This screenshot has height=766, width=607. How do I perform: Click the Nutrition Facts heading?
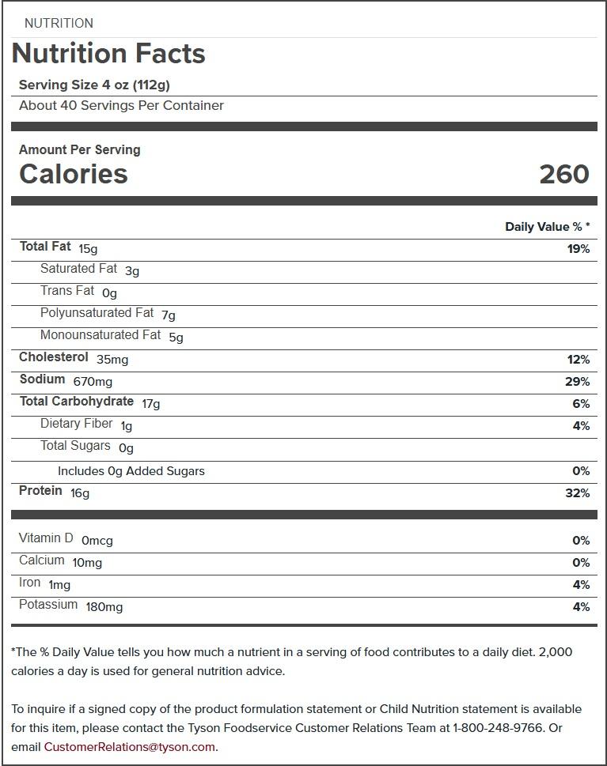click(x=108, y=54)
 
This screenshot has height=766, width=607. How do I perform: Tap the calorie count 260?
click(x=563, y=174)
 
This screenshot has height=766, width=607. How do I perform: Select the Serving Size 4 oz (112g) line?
click(x=94, y=85)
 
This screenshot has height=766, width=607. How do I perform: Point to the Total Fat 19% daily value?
click(x=578, y=249)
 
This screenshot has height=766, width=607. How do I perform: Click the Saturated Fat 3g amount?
click(x=132, y=271)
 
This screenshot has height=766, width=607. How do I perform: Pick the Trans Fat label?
click(x=67, y=291)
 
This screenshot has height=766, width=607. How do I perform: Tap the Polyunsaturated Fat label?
click(x=97, y=313)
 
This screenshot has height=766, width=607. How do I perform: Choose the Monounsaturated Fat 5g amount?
click(x=176, y=338)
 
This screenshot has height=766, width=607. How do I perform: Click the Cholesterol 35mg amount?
click(x=112, y=360)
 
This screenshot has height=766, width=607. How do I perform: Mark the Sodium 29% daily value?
click(x=578, y=382)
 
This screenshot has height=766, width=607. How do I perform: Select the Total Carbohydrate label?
click(x=77, y=402)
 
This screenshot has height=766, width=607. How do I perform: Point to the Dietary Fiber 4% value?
click(x=581, y=426)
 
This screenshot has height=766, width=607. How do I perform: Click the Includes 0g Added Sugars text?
click(x=131, y=471)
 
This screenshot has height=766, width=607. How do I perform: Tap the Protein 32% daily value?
click(x=578, y=493)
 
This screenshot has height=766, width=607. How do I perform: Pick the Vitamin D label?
click(x=46, y=538)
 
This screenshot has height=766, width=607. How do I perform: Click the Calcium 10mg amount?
click(x=87, y=563)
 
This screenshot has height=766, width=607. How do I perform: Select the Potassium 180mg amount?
click(x=104, y=607)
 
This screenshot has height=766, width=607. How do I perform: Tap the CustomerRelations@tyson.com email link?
click(x=129, y=747)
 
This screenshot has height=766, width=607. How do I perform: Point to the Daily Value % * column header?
click(x=548, y=227)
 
